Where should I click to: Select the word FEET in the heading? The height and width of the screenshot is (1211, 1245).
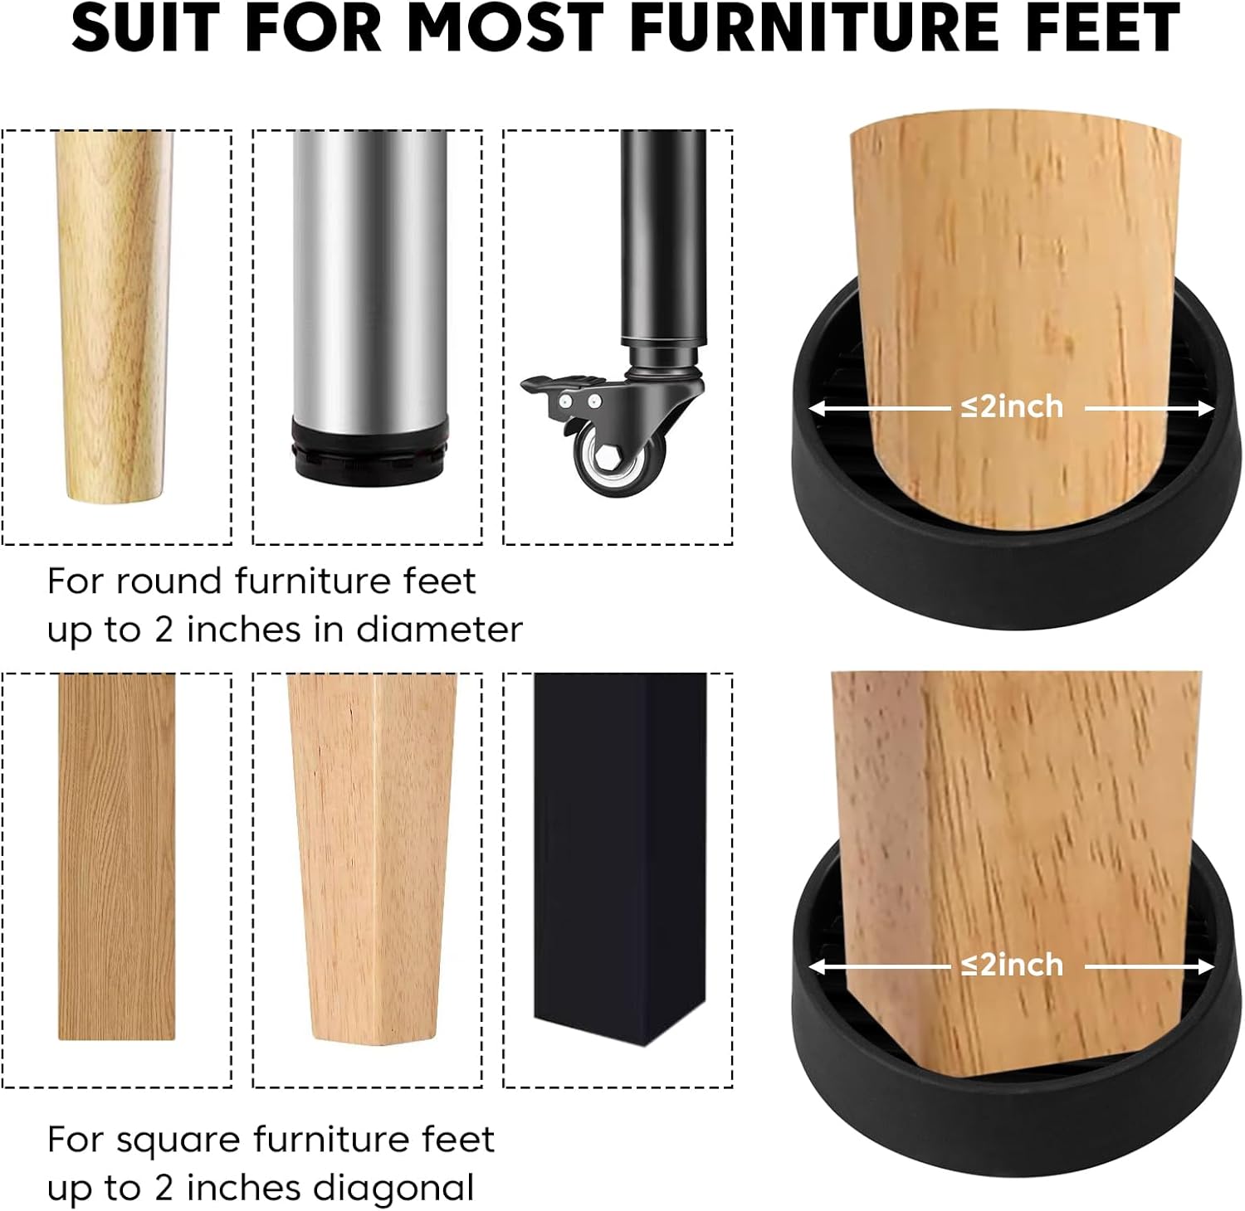(x=1098, y=27)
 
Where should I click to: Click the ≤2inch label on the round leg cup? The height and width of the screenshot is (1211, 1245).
(x=1012, y=406)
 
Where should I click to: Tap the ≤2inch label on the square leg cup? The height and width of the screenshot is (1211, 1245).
(x=1012, y=965)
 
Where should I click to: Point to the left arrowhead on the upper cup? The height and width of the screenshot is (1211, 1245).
(x=818, y=408)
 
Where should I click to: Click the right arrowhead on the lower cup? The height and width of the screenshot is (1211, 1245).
(x=1205, y=967)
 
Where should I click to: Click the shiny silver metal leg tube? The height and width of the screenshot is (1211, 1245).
(x=369, y=274)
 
